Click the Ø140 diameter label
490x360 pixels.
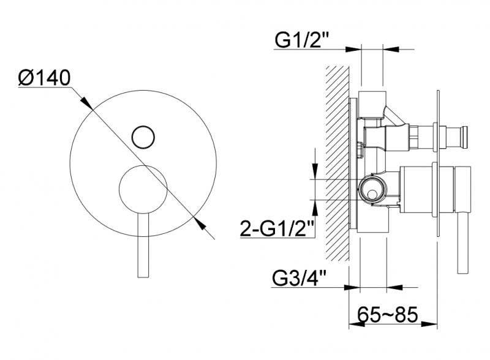pyautogui.click(x=44, y=78)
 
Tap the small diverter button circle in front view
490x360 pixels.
pyautogui.click(x=143, y=137)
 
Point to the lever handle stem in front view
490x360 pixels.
pyautogui.click(x=143, y=246)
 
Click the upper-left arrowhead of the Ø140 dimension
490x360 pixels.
pyautogui.click(x=87, y=103)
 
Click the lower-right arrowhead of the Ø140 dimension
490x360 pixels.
pyautogui.click(x=200, y=223)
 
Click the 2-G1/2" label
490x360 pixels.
pyautogui.click(x=277, y=228)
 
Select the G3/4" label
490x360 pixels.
pyautogui.click(x=299, y=278)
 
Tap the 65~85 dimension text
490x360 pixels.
pyautogui.click(x=388, y=314)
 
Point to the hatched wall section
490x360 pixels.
pyautogui.click(x=337, y=163)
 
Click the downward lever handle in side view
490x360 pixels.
pyautogui.click(x=463, y=220)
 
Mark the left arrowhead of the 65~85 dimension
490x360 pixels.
pyautogui.click(x=356, y=324)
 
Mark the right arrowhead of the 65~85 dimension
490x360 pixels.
pyautogui.click(x=429, y=324)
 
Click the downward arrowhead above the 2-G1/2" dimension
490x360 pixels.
pyautogui.click(x=315, y=171)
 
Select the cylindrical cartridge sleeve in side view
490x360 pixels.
pyautogui.click(x=427, y=190)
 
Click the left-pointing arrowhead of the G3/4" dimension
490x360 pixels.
pyautogui.click(x=394, y=287)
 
